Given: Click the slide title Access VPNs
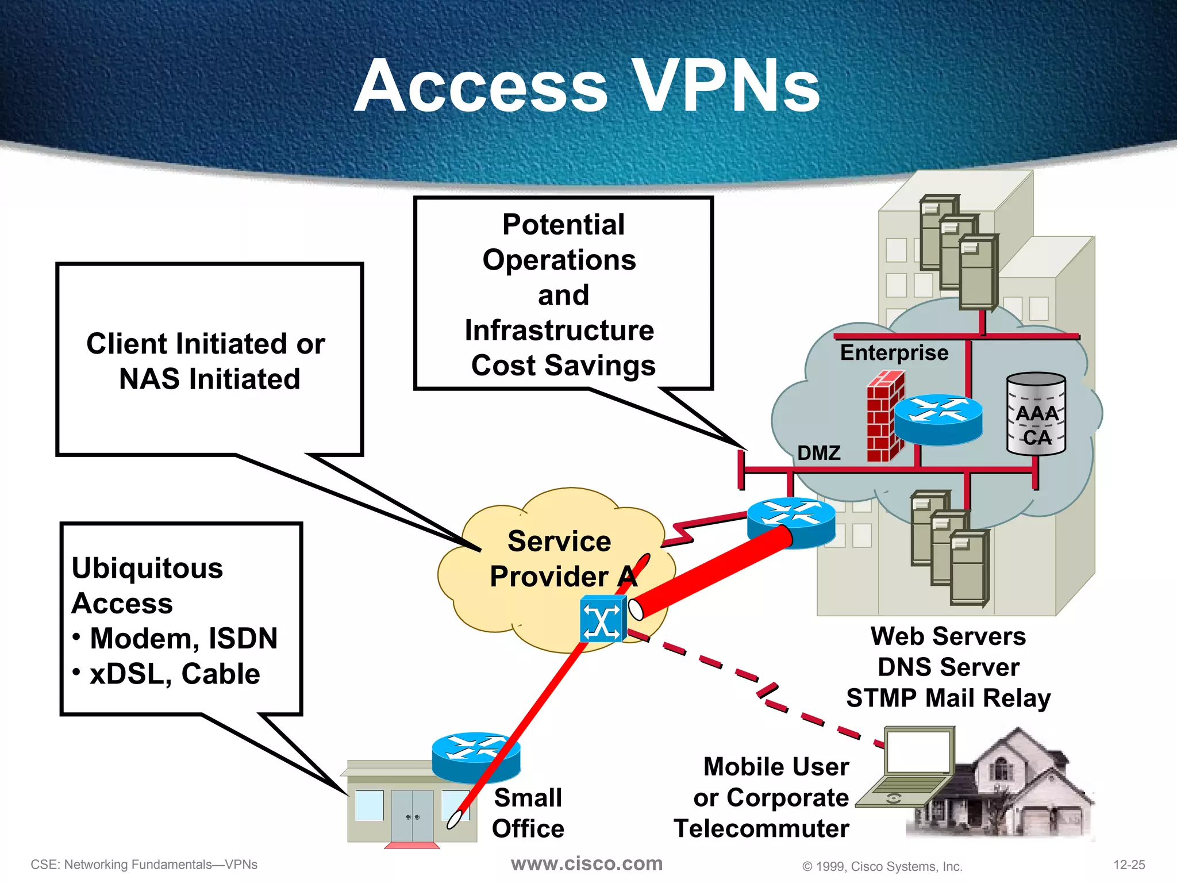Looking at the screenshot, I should pyautogui.click(x=587, y=86).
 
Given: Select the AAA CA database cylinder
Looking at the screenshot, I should pyautogui.click(x=1036, y=414).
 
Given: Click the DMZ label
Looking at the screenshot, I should pyautogui.click(x=818, y=453).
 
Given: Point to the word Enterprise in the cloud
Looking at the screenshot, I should pyautogui.click(x=894, y=352).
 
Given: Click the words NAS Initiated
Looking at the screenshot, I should pyautogui.click(x=209, y=379).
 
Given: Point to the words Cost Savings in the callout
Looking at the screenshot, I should pyautogui.click(x=563, y=366).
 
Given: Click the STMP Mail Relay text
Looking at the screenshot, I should pyautogui.click(x=948, y=698).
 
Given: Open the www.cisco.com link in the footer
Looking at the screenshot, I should pyautogui.click(x=587, y=863).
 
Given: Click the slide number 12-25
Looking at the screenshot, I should pyautogui.click(x=1129, y=865).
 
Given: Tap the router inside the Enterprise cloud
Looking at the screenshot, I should pyautogui.click(x=938, y=420).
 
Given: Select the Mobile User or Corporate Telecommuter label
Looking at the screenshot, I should pyautogui.click(x=764, y=798).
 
